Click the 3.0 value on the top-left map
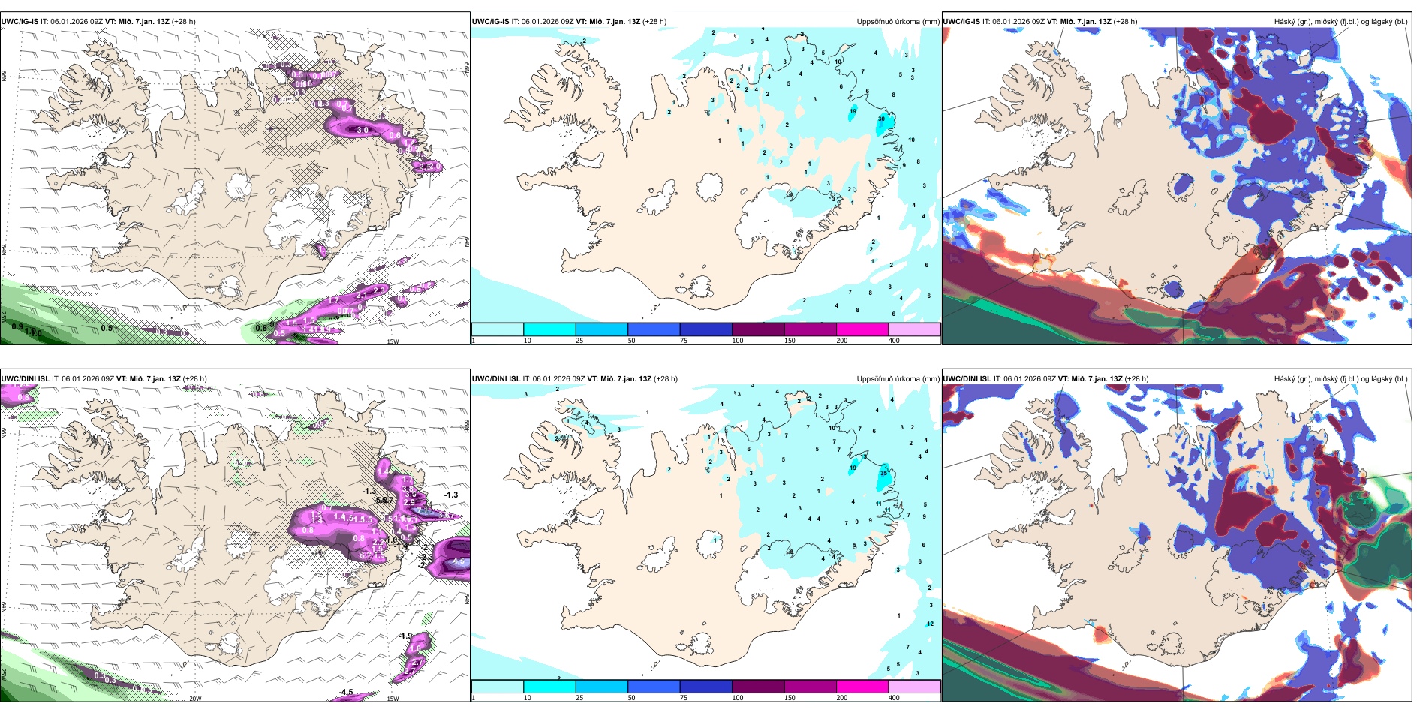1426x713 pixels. coord(363,130)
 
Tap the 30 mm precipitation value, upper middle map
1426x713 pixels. coord(881,119)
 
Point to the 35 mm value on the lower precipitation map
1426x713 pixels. coord(883,473)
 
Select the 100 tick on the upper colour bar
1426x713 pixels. coord(738,341)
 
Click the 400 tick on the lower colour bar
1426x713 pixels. coord(894,698)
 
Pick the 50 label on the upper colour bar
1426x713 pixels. coord(631,341)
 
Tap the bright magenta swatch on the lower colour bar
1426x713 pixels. coord(862,687)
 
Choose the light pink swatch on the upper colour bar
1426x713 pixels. coord(914,329)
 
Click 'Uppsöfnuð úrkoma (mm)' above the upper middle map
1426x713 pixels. coord(898,22)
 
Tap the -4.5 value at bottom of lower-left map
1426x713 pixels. coord(346,692)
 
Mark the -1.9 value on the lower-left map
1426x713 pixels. coord(405,636)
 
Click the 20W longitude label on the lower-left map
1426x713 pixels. coord(195,699)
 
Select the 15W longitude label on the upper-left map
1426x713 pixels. coord(392,341)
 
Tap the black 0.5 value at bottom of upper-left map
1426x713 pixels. coord(107,328)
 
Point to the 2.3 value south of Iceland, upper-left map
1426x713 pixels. coord(378,290)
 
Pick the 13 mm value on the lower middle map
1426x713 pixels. coord(864,456)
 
